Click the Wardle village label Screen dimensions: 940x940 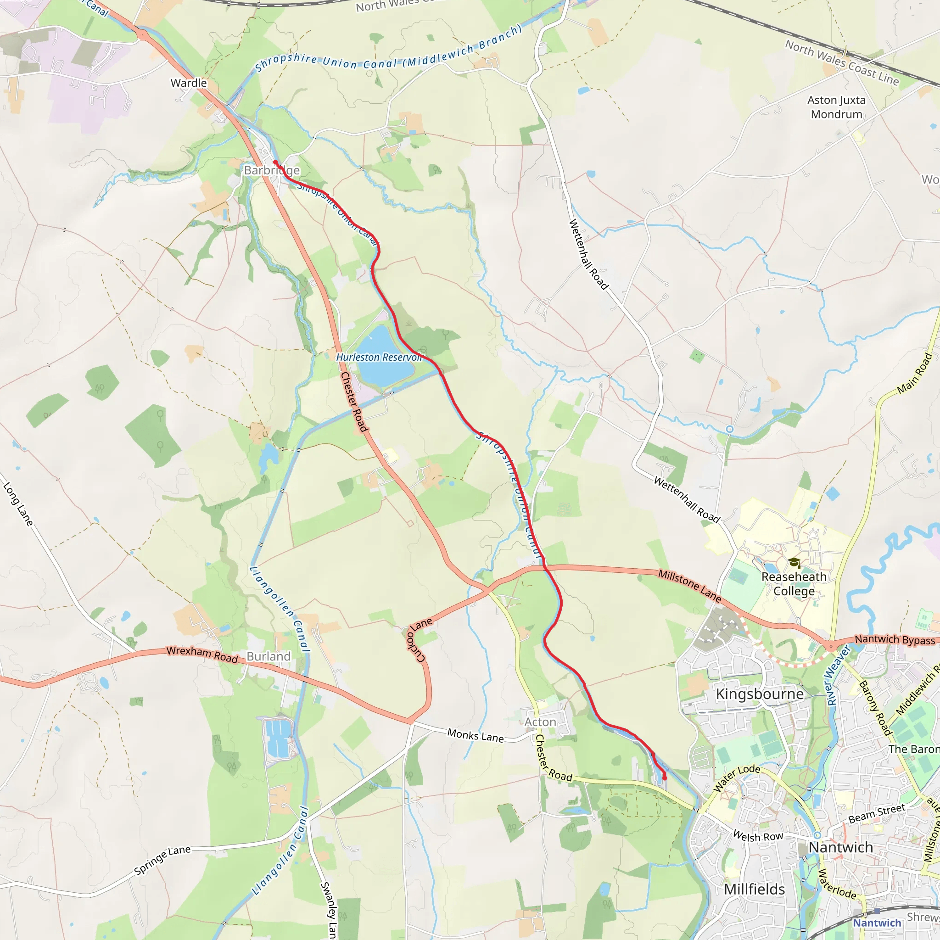(188, 83)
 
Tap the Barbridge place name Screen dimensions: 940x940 (272, 170)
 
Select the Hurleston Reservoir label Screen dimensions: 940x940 (379, 357)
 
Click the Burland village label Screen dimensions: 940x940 (269, 656)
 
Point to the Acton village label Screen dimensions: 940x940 (540, 722)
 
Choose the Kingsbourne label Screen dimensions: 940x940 (760, 694)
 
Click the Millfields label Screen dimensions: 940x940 (754, 890)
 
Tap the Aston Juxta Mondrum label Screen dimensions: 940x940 (836, 107)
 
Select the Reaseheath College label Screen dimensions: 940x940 (794, 584)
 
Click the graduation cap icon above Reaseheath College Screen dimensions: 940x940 (795, 563)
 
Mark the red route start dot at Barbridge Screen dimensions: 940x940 (275, 162)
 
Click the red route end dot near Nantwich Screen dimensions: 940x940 (665, 778)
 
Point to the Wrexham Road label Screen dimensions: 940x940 (202, 655)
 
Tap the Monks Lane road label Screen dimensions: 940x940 (476, 735)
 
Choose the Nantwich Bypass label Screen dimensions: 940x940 (895, 640)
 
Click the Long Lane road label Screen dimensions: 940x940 (18, 504)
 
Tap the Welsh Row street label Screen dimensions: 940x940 (758, 836)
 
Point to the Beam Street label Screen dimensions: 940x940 (877, 814)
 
